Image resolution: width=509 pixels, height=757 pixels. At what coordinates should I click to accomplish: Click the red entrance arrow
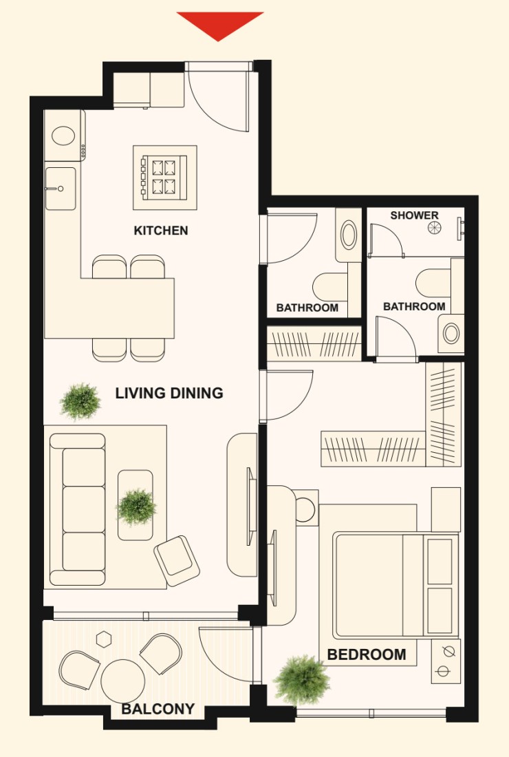click(x=219, y=24)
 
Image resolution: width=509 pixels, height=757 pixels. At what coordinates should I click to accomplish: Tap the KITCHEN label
click(x=161, y=231)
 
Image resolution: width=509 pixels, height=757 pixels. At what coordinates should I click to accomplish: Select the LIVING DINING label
click(x=169, y=393)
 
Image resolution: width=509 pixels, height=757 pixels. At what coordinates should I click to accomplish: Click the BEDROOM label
click(x=366, y=654)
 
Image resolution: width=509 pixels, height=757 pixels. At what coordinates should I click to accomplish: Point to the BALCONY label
click(x=158, y=709)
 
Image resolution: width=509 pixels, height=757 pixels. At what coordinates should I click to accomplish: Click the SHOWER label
click(x=415, y=215)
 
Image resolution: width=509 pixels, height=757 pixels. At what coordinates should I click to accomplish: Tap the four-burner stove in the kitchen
click(x=164, y=177)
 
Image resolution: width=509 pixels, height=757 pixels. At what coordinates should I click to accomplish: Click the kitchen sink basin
click(x=61, y=189)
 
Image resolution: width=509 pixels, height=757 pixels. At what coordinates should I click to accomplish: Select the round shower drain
click(x=434, y=227)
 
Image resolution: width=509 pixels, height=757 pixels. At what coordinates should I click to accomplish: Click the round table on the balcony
click(x=122, y=681)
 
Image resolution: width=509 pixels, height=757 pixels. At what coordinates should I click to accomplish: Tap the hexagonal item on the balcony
click(x=103, y=639)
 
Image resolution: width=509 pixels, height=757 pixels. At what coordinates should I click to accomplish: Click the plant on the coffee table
click(x=137, y=507)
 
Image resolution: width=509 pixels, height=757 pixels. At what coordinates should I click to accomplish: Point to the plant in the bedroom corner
click(x=302, y=680)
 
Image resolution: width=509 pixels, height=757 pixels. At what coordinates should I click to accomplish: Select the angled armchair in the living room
click(x=177, y=561)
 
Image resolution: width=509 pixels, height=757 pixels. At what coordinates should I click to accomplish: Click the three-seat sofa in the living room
click(x=77, y=509)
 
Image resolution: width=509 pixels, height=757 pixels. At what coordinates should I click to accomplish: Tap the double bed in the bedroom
click(x=396, y=585)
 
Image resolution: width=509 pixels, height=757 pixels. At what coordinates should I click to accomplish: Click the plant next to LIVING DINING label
click(x=80, y=401)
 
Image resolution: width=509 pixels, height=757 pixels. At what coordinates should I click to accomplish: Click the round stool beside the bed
click(x=305, y=509)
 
